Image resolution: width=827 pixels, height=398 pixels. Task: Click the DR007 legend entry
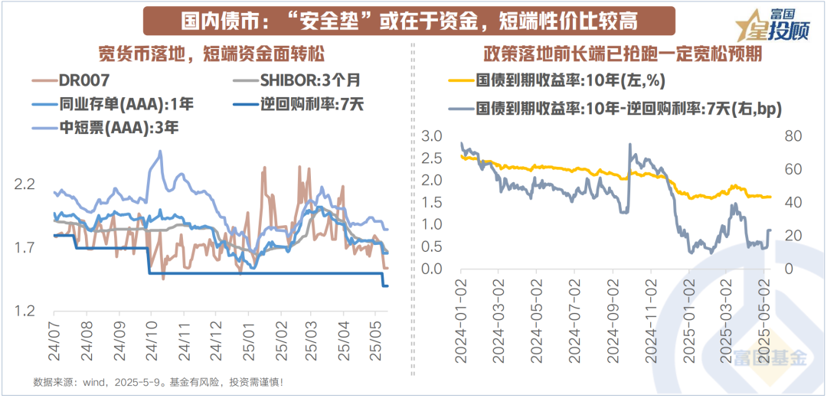click(x=84, y=79)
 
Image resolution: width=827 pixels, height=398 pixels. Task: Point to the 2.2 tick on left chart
click(x=26, y=184)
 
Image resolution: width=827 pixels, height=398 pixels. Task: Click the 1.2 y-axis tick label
click(x=26, y=311)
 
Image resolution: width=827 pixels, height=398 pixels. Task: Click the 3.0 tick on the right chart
click(x=433, y=136)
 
